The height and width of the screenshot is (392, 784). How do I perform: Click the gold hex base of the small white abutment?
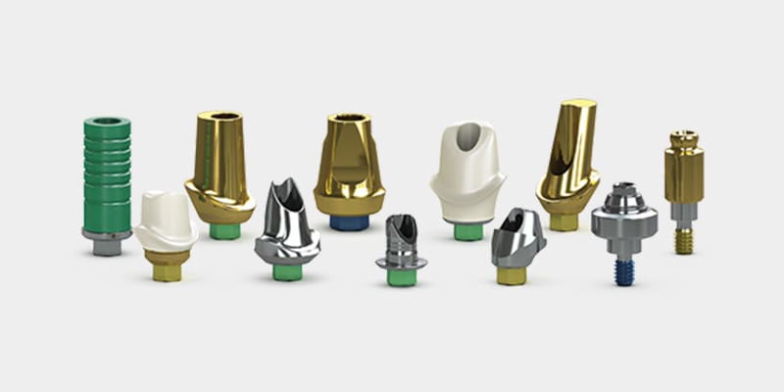point(167,266)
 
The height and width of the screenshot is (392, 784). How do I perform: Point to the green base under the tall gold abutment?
point(225,231)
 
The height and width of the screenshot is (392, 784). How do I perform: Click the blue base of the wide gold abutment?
point(349,221)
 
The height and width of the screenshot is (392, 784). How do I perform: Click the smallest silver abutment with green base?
point(400,245)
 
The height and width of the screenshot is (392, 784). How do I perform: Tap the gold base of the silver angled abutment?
point(511,275)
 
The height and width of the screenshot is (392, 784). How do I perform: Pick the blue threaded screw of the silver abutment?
point(624,270)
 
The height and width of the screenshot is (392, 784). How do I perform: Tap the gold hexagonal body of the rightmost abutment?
point(683,172)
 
